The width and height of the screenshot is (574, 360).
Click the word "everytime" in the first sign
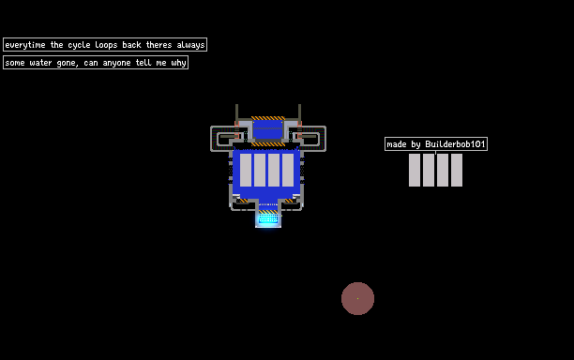click(25, 45)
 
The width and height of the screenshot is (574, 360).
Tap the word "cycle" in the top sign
click(79, 45)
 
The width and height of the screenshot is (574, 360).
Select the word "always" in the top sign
click(190, 45)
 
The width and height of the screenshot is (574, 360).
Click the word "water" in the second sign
click(40, 63)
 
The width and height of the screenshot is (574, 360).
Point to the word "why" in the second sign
click(178, 63)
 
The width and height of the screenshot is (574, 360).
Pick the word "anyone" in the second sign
click(116, 63)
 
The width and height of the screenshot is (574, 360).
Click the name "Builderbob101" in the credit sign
click(455, 144)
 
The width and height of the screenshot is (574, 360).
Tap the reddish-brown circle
click(357, 298)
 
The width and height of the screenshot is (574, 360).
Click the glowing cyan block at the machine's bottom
click(268, 218)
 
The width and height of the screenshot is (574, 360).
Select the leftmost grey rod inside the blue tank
click(246, 170)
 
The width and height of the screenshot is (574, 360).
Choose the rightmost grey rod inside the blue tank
click(288, 170)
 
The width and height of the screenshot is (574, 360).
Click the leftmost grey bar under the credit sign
click(415, 170)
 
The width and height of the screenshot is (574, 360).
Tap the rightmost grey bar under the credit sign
click(457, 170)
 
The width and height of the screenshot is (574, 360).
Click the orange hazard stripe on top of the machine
click(268, 118)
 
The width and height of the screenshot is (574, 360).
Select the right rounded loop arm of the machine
click(324, 139)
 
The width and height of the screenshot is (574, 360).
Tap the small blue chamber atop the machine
click(268, 129)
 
